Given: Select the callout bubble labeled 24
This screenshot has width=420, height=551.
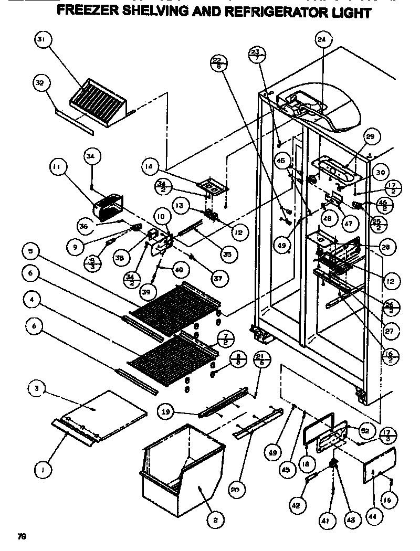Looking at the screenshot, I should (321, 39).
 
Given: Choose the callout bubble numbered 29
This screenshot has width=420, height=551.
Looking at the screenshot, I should (370, 137).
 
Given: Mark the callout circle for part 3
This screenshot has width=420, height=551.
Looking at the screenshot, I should (37, 389).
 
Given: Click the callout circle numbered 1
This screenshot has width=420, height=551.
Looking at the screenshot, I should (43, 471).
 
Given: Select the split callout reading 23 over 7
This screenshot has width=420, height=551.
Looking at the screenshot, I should (257, 55).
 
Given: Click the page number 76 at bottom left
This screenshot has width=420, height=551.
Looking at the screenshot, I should (22, 536).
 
